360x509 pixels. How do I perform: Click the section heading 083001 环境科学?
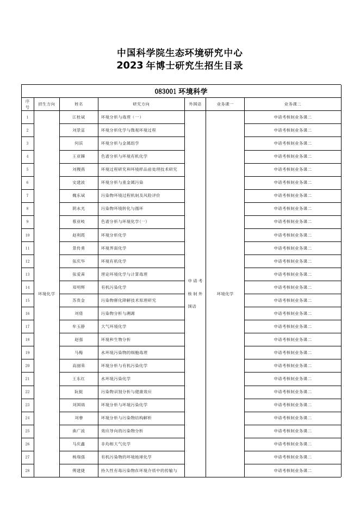click(x=181, y=91)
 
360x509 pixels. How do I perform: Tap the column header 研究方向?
click(x=141, y=103)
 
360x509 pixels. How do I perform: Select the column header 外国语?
click(x=195, y=103)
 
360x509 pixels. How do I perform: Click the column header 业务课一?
click(x=225, y=103)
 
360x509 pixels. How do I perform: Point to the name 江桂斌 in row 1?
click(x=79, y=117)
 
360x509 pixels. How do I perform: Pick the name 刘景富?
click(x=79, y=130)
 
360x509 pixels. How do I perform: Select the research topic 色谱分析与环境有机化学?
click(x=125, y=156)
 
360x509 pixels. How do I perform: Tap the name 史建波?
click(x=79, y=182)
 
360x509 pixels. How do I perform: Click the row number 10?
click(x=27, y=235)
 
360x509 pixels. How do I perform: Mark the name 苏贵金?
click(x=79, y=300)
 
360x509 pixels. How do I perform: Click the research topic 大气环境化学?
click(x=114, y=326)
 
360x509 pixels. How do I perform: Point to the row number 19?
click(x=27, y=352)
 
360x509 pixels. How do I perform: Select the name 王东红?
click(x=79, y=378)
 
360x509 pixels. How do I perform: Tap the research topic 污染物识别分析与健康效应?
click(x=127, y=392)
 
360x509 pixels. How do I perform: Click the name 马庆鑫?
click(x=79, y=444)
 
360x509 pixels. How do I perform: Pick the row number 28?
click(x=27, y=470)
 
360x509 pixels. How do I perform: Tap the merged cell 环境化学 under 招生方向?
click(x=46, y=294)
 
